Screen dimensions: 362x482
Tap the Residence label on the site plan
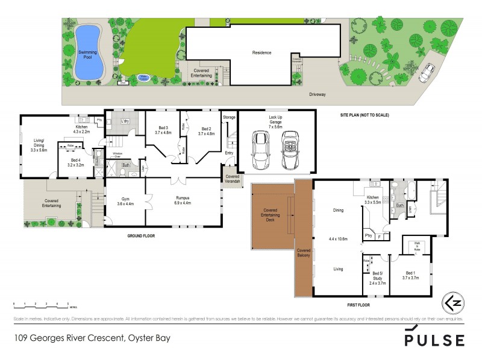click(x=261, y=52)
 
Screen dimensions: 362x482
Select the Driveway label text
click(x=318, y=95)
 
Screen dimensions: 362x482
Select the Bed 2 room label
click(x=207, y=131)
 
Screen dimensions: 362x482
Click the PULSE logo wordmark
click(x=434, y=339)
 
